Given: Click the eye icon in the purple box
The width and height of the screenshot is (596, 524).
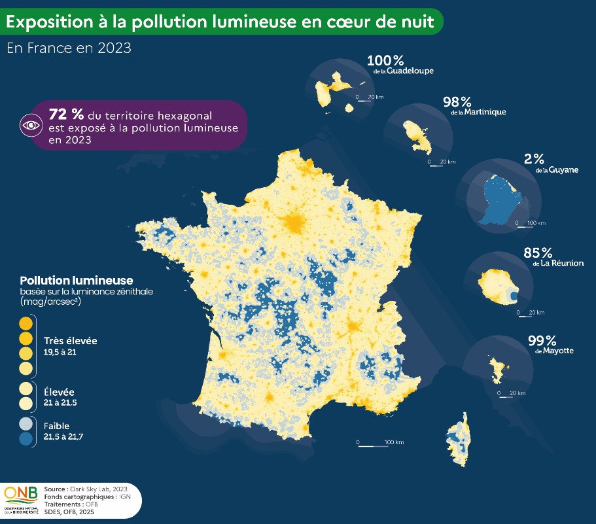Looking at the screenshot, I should click(x=31, y=124).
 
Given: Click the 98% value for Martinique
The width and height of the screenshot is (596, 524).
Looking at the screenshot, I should click(x=457, y=102).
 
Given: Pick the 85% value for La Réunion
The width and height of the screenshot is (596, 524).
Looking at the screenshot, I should click(x=538, y=253).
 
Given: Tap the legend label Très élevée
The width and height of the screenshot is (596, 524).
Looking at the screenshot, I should click(x=70, y=341).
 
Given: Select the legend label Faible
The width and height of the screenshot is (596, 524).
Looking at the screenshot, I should click(x=56, y=426).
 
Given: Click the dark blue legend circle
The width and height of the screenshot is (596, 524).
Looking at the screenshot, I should click(x=26, y=438).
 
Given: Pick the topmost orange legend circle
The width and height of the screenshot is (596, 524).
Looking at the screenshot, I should click(x=26, y=323).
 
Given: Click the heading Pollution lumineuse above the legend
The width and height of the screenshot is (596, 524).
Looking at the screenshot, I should click(x=77, y=281).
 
